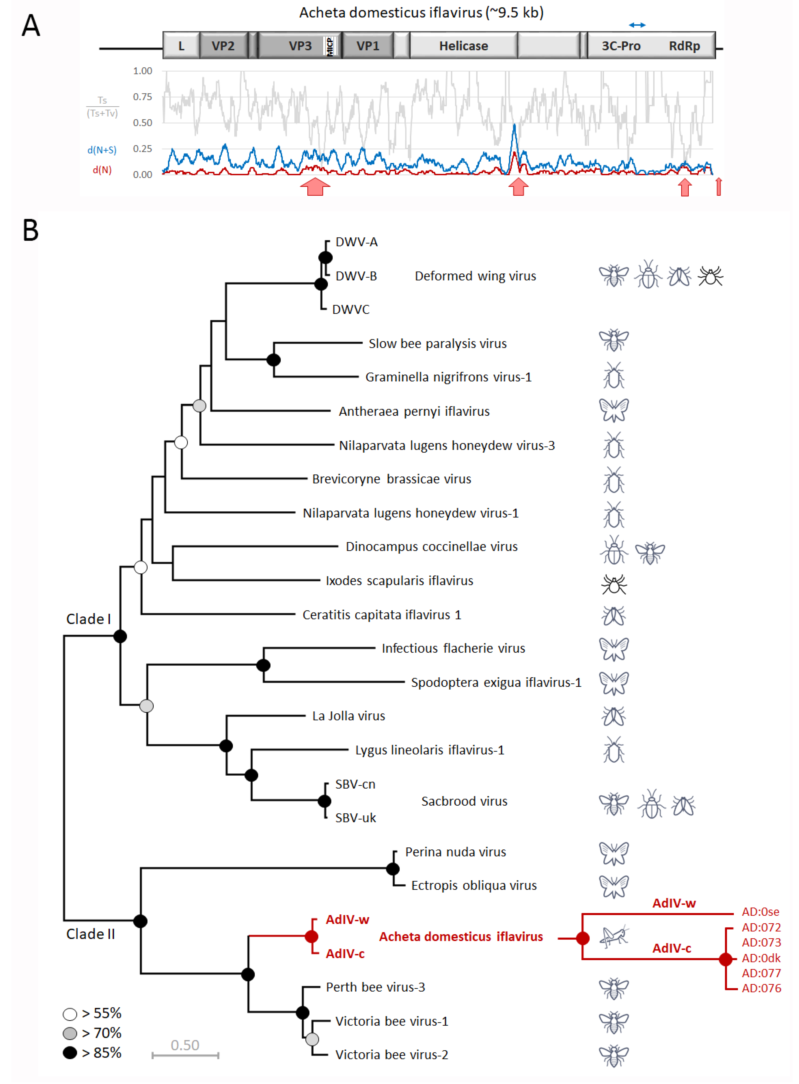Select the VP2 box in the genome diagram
pos(223,46)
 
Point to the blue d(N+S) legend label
pos(102,150)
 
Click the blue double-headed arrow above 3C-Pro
pos(637,25)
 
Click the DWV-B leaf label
pos(356,276)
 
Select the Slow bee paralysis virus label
pos(437,344)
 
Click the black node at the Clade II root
pos(140,921)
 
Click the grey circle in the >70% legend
pos(70,1033)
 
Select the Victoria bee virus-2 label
pos(391,1055)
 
